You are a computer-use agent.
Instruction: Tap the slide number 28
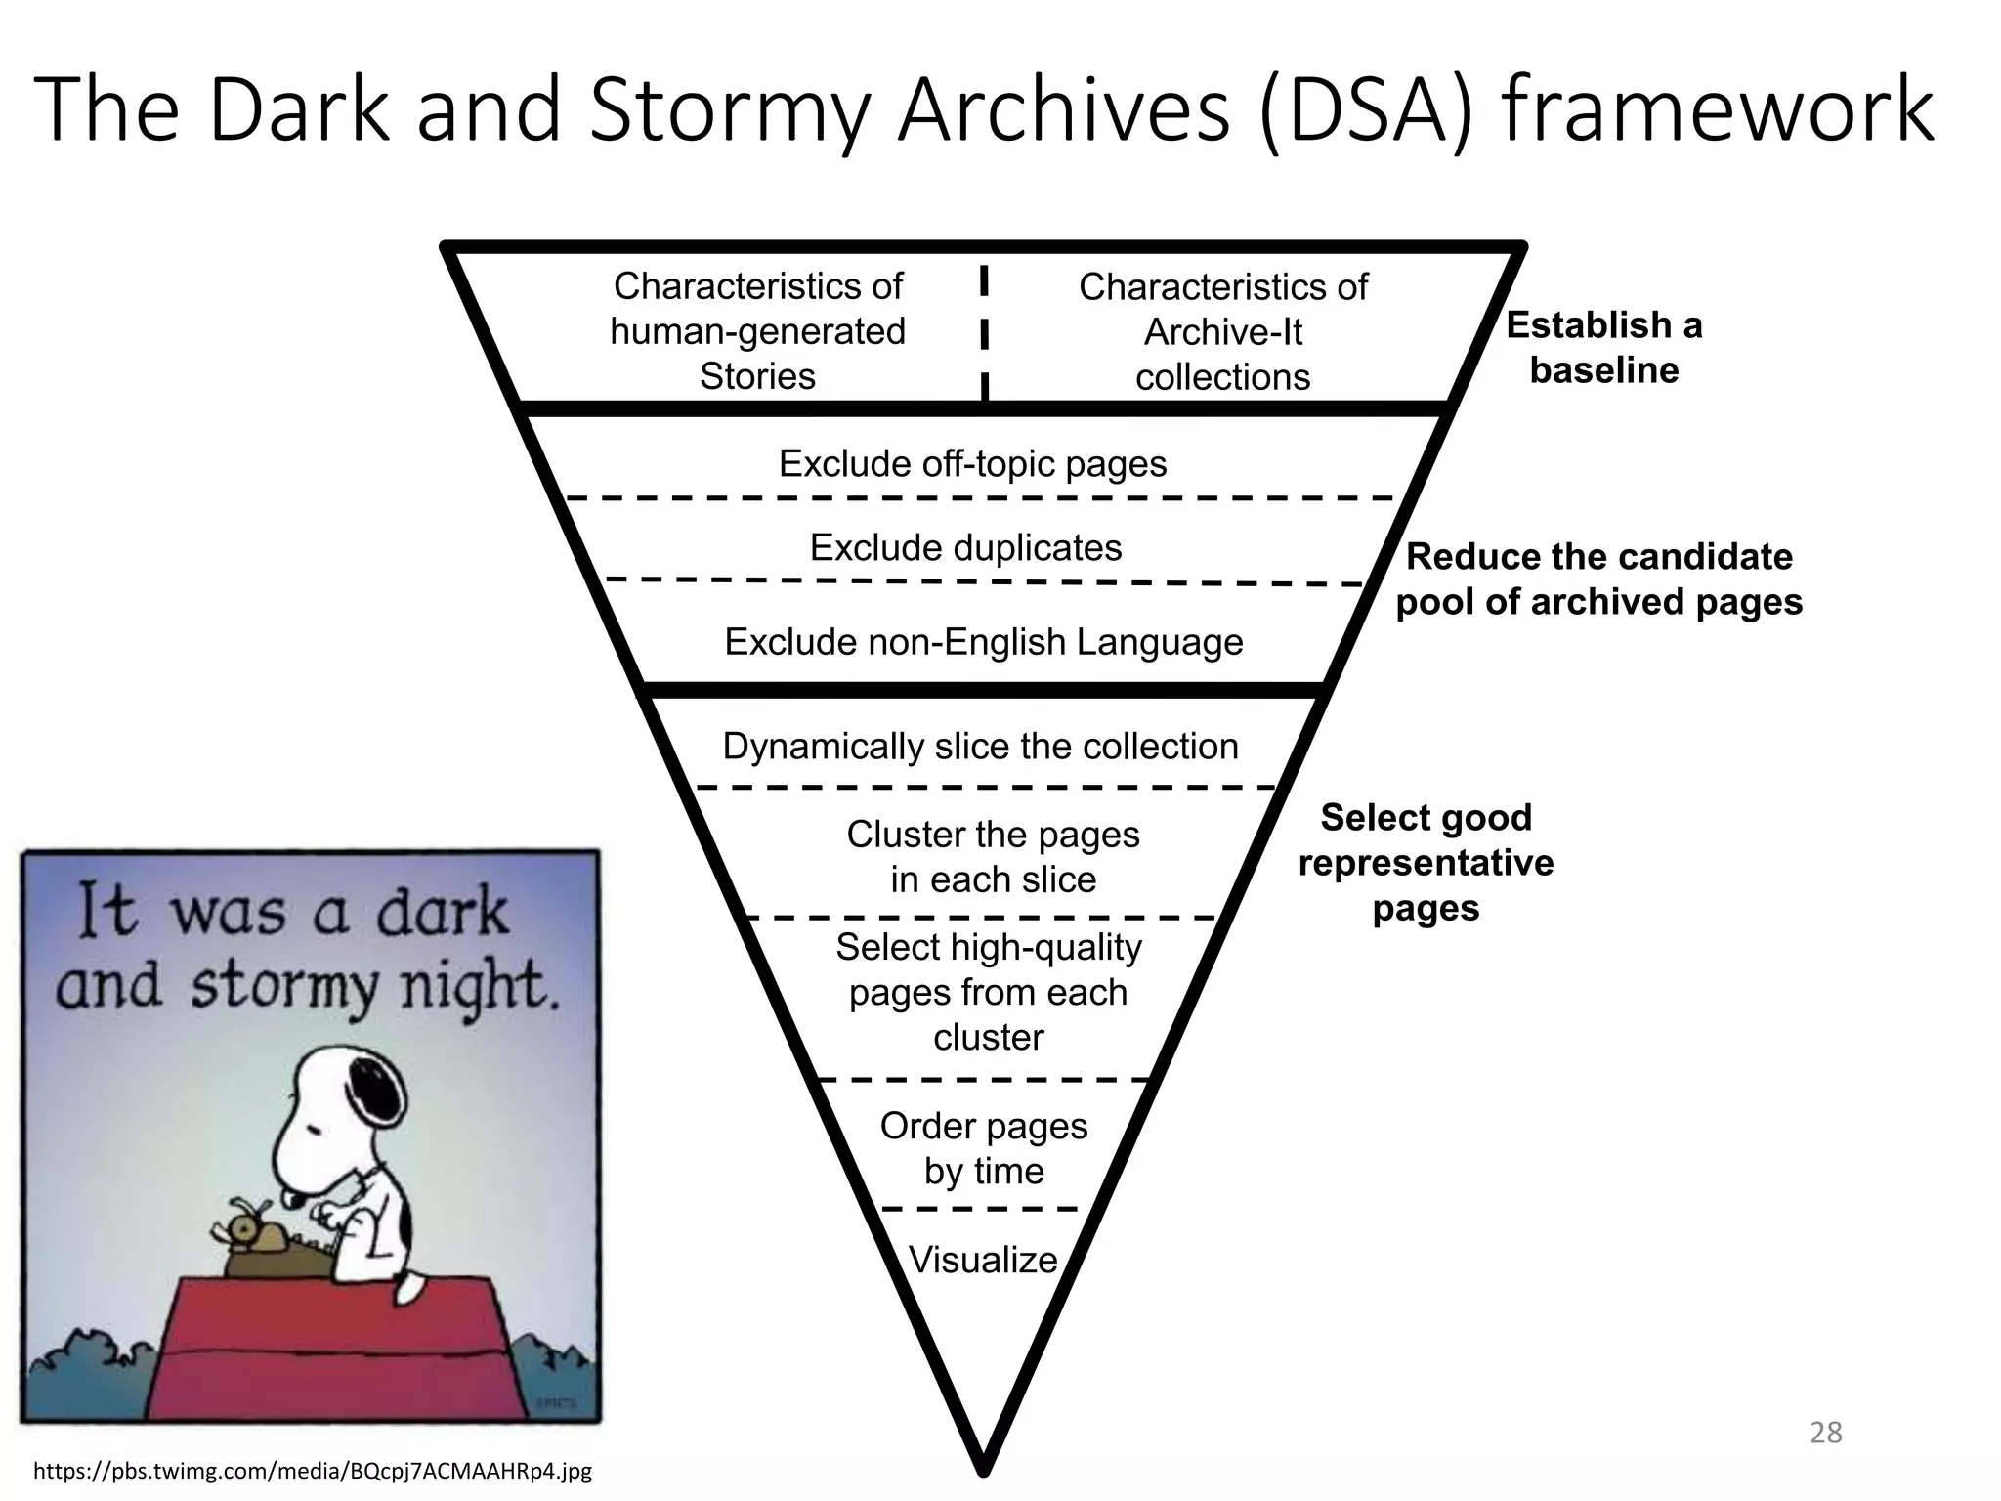click(x=1825, y=1433)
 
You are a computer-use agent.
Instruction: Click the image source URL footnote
click(x=313, y=1470)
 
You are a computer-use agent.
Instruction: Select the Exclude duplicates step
click(x=965, y=547)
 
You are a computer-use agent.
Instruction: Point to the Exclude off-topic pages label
click(x=972, y=463)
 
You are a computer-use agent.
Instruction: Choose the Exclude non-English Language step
click(x=983, y=642)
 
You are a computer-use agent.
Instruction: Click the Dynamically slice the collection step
click(x=980, y=747)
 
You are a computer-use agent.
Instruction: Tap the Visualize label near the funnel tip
click(x=983, y=1260)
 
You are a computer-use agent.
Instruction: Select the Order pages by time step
click(x=983, y=1148)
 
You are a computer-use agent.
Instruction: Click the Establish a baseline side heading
click(x=1603, y=347)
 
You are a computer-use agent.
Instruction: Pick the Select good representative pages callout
click(x=1426, y=862)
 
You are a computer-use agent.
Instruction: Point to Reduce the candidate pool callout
click(x=1598, y=579)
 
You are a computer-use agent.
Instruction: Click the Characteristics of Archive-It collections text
click(x=1222, y=332)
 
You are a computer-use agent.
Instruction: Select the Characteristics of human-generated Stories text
click(x=757, y=331)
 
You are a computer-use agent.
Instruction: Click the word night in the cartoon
click(x=479, y=987)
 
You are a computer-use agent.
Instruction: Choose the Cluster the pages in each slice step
click(x=992, y=857)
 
